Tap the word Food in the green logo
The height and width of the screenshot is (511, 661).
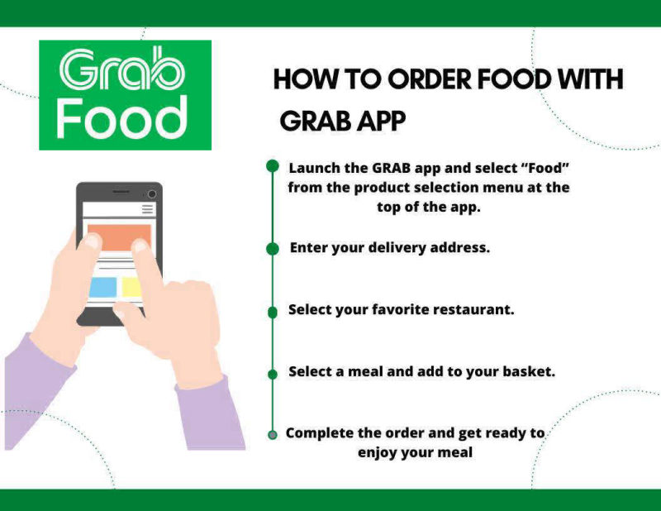(x=122, y=117)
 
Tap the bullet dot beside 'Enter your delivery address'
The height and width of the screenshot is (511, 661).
(x=273, y=249)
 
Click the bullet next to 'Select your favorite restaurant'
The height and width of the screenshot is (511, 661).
(x=273, y=313)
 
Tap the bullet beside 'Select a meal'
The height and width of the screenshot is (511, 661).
(x=273, y=375)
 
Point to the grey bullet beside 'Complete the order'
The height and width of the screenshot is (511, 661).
(x=273, y=435)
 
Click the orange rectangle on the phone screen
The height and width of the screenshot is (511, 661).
(x=119, y=237)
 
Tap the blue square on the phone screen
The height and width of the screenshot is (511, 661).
(x=102, y=287)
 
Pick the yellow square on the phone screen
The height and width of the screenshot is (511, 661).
(x=131, y=287)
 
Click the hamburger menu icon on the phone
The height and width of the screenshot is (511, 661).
(x=148, y=209)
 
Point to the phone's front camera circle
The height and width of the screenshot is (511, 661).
(x=152, y=193)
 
